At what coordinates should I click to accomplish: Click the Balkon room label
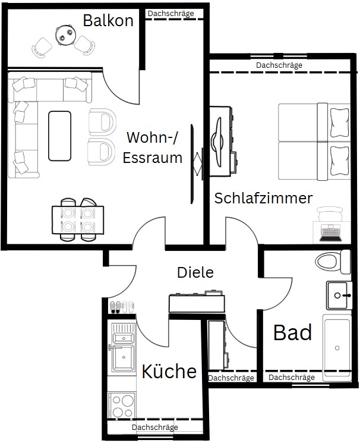(x=108, y=20)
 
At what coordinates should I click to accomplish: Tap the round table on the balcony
(x=65, y=34)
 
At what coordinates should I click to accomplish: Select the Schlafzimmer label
(x=263, y=198)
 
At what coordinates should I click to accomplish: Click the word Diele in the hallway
(x=195, y=272)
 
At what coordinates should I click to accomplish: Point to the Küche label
(x=169, y=371)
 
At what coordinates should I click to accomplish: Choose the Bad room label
(x=292, y=332)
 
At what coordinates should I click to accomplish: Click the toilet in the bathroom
(x=333, y=262)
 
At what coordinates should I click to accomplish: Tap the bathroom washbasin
(x=339, y=296)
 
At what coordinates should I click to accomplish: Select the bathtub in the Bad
(x=337, y=348)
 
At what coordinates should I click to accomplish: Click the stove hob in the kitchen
(x=122, y=406)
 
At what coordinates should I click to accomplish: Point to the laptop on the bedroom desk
(x=330, y=233)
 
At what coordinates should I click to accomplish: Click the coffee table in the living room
(x=59, y=136)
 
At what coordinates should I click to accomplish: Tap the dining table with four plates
(x=78, y=220)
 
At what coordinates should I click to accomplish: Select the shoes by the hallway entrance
(x=122, y=307)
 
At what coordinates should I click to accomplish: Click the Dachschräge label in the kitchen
(x=155, y=427)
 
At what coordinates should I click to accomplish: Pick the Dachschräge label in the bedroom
(x=279, y=65)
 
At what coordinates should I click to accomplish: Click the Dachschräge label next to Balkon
(x=170, y=13)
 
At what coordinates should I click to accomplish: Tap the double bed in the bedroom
(x=314, y=142)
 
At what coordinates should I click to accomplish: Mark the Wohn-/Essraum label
(x=153, y=147)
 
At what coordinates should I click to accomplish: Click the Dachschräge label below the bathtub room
(x=292, y=378)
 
